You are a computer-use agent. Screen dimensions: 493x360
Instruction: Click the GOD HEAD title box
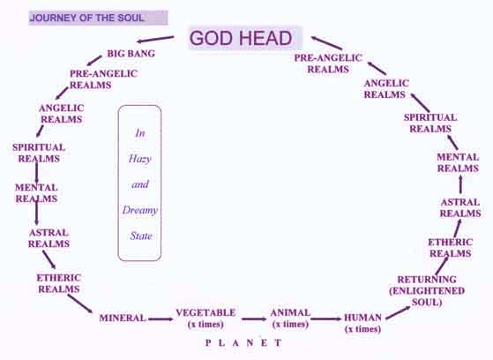(245, 38)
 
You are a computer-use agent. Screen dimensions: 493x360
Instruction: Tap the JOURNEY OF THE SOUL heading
(87, 18)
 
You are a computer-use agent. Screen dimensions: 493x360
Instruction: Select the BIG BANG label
(131, 53)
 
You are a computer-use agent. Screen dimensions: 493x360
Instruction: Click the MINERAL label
(123, 318)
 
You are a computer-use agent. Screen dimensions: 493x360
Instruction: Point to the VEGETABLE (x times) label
(205, 319)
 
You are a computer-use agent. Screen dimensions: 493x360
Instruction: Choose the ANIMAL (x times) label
(290, 319)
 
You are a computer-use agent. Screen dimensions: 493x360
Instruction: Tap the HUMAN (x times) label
(362, 323)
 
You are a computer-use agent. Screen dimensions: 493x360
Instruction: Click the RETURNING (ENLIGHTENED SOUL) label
(427, 291)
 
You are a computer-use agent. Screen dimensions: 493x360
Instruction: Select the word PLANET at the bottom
(243, 342)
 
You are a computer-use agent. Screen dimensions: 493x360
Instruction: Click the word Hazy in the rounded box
(140, 159)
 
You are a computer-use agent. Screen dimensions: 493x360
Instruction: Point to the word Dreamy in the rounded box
(140, 210)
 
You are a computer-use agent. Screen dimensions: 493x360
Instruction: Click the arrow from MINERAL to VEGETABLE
(161, 319)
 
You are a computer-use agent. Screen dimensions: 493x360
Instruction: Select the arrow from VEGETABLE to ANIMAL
(254, 319)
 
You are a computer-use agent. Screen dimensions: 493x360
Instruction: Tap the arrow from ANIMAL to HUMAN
(326, 319)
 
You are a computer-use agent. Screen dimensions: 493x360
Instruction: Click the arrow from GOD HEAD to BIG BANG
(155, 39)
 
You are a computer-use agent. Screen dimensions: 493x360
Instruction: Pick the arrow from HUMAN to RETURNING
(398, 312)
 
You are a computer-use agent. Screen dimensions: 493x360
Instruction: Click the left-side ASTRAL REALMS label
(49, 238)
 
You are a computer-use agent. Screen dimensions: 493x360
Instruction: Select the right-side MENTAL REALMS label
(458, 162)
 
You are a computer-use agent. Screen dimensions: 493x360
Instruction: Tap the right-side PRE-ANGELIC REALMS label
(328, 64)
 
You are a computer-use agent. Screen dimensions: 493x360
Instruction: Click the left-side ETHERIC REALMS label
(59, 283)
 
